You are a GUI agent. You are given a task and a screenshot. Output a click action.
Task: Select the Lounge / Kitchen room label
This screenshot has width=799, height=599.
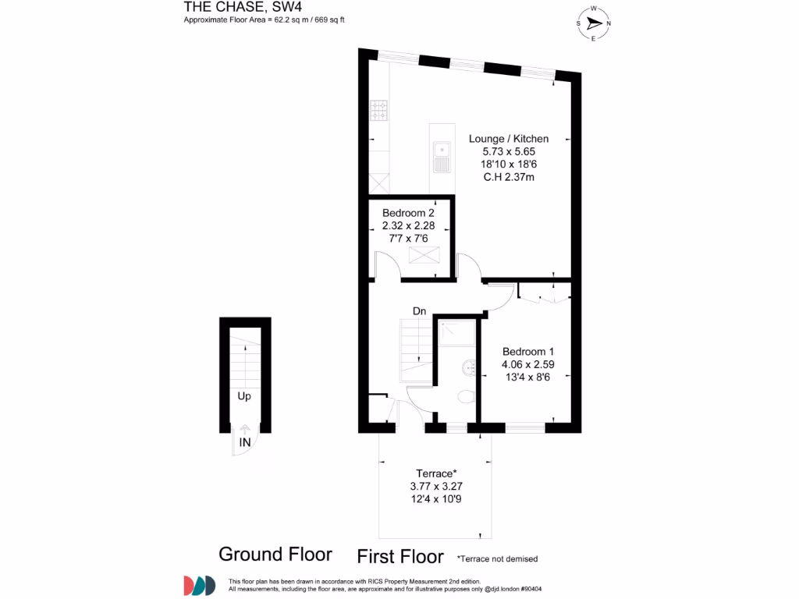click(x=502, y=139)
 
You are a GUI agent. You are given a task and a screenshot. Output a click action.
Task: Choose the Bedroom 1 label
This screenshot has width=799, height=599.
click(x=528, y=351)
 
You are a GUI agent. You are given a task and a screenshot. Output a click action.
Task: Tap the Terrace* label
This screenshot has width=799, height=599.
click(x=435, y=473)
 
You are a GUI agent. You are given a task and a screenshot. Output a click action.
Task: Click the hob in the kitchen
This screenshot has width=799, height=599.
click(x=379, y=110)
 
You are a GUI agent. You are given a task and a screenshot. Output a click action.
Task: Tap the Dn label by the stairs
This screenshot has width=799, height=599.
click(x=420, y=312)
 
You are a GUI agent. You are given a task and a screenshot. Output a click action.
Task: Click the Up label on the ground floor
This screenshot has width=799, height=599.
click(x=244, y=396)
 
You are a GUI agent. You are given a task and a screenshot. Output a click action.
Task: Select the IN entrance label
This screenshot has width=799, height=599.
click(x=244, y=442)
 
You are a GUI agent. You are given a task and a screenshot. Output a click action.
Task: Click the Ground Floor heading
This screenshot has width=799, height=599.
click(x=275, y=555)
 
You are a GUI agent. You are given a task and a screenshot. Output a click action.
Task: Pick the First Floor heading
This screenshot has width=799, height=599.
click(x=400, y=557)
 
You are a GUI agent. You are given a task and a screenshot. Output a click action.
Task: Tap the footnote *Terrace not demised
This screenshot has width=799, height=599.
click(x=498, y=558)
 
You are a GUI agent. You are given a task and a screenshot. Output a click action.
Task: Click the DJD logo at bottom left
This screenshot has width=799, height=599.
click(x=199, y=585)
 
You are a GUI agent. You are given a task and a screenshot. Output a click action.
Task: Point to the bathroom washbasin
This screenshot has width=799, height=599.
click(x=468, y=367)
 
